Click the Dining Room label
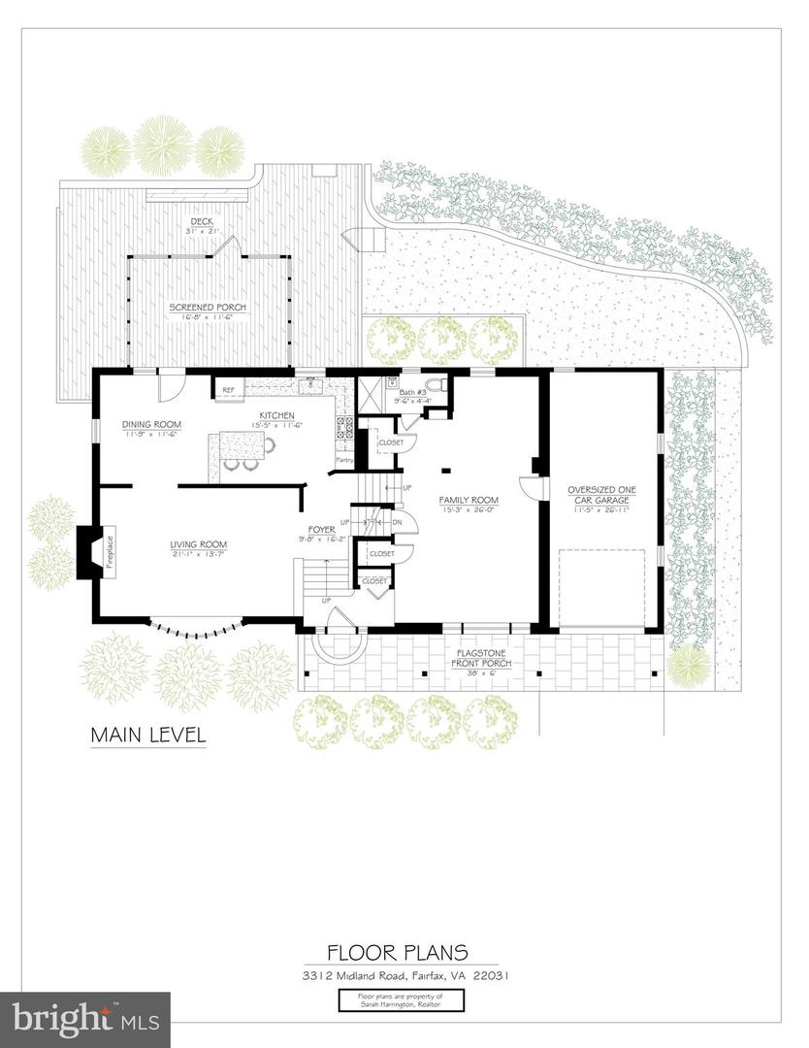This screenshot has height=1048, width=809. (x=151, y=424)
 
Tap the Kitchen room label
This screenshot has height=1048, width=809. (x=277, y=415)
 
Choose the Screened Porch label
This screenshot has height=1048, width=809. (x=208, y=308)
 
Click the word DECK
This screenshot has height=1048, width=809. (x=201, y=222)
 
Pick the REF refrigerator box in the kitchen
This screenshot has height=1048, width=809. (x=228, y=390)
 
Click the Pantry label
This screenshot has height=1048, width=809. (x=343, y=459)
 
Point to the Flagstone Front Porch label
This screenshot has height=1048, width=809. (x=482, y=659)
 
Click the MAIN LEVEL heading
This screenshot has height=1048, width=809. (x=148, y=735)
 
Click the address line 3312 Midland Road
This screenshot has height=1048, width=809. (x=404, y=976)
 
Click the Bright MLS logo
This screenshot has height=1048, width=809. (x=85, y=1019)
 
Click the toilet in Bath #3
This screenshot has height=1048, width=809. (x=436, y=386)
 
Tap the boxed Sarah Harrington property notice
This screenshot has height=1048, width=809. (x=405, y=1000)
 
